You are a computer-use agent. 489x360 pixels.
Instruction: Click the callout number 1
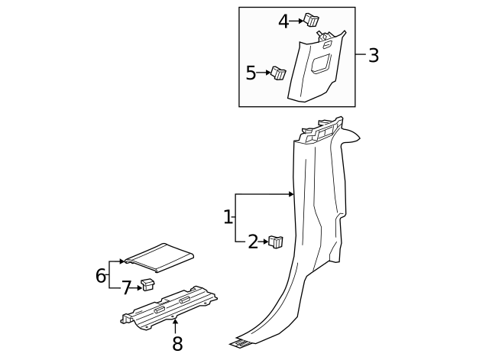(x=228, y=217)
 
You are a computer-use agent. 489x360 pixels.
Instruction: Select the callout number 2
(x=253, y=242)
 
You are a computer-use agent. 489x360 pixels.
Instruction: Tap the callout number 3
(x=373, y=55)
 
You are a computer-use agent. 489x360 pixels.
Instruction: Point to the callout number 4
(x=283, y=21)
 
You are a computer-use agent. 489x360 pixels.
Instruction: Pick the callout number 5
(x=251, y=73)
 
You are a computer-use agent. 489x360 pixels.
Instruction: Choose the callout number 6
(x=101, y=275)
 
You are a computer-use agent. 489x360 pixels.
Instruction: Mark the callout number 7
(x=126, y=288)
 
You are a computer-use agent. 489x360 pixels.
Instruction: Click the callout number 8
(x=177, y=344)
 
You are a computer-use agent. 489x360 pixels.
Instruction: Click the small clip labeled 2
(x=276, y=242)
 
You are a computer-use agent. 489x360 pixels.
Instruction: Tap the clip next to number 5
(x=279, y=73)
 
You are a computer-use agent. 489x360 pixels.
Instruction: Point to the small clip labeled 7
(x=147, y=286)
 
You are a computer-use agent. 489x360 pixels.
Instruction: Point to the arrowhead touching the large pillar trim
(x=291, y=194)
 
